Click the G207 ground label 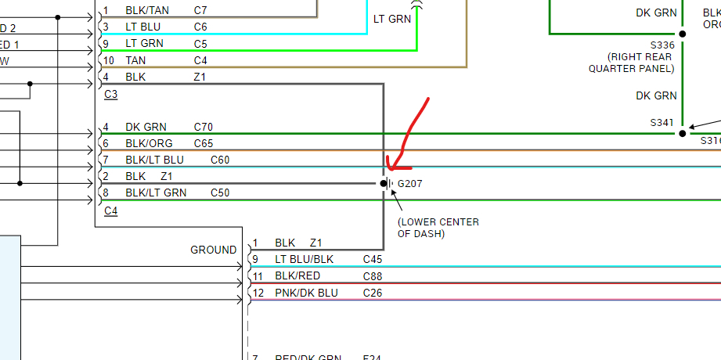tap(410, 184)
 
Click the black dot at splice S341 tap(683, 134)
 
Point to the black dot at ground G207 tap(384, 183)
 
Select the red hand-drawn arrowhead tap(394, 165)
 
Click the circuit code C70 tap(204, 127)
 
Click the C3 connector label tap(110, 95)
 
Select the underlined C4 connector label tap(110, 211)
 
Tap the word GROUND tap(213, 250)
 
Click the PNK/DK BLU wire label tap(305, 293)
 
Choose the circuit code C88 tap(373, 275)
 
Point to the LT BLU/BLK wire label tap(305, 259)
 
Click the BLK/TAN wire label tap(147, 11)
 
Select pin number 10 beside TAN tap(109, 60)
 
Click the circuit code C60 tap(220, 160)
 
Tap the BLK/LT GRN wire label tap(155, 193)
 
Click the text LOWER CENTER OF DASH tap(438, 228)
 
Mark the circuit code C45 tap(373, 259)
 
